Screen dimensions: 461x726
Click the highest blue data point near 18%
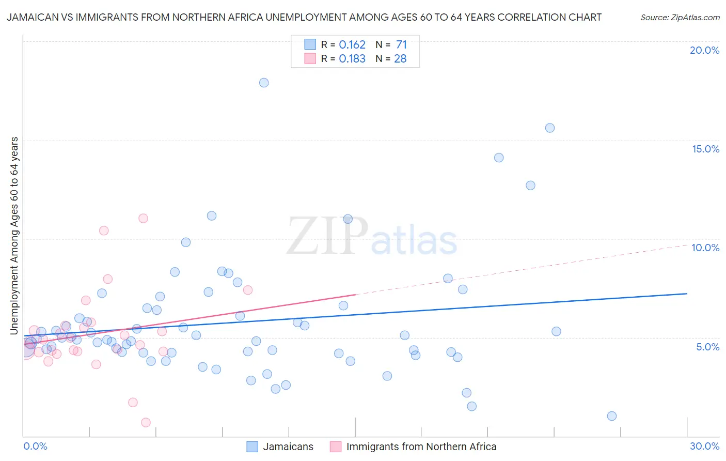pos(264,83)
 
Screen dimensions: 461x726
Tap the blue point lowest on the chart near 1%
pos(612,416)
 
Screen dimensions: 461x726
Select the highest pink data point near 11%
pos(143,218)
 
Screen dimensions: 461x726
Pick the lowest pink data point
pos(146,422)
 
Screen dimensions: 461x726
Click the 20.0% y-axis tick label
pos(704,50)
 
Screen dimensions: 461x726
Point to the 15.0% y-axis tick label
pos(705,149)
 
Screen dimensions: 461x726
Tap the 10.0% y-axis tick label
pos(705,248)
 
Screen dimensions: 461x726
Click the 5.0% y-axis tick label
pos(707,347)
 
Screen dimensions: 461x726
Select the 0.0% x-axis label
pos(35,446)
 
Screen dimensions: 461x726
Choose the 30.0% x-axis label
pos(704,446)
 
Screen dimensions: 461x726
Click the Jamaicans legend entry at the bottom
pos(288,447)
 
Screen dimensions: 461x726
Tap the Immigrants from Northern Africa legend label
pos(421,447)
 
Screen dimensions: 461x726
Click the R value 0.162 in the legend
pos(352,45)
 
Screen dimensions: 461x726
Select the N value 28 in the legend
pos(400,59)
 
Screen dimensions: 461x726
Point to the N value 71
pos(401,45)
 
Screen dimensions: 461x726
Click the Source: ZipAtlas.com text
pos(680,18)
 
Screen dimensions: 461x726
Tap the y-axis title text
pos(14,235)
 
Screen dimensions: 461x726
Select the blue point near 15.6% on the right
pos(550,128)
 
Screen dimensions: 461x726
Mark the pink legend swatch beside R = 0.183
pos(310,59)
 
